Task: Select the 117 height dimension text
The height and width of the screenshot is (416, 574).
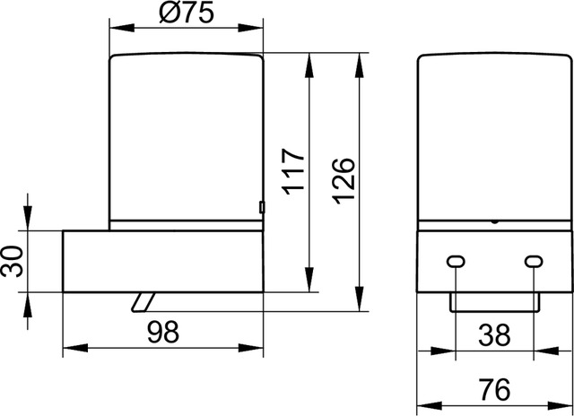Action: coord(293,171)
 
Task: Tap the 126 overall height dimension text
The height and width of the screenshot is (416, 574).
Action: coord(344,181)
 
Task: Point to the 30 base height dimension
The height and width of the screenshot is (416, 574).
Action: coord(12,262)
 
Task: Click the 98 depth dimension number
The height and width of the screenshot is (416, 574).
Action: coord(163,332)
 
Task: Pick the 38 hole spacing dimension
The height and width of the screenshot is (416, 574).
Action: coord(494,335)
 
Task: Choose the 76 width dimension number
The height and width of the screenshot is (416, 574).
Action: coord(494,390)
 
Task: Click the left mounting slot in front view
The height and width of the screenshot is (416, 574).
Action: coord(456,262)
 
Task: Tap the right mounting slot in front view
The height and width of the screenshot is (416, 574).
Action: coord(534,262)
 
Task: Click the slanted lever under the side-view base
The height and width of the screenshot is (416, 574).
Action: coord(143,302)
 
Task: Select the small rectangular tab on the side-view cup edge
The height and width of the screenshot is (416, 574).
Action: coord(262,207)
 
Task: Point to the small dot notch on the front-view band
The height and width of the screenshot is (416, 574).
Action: coord(494,221)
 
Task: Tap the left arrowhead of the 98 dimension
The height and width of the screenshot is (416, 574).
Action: coord(75,348)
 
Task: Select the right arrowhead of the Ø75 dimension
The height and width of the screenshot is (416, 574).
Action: coord(250,28)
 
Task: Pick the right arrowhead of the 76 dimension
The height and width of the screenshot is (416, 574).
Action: coord(560,406)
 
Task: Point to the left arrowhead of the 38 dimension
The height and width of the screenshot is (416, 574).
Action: coord(443,351)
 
